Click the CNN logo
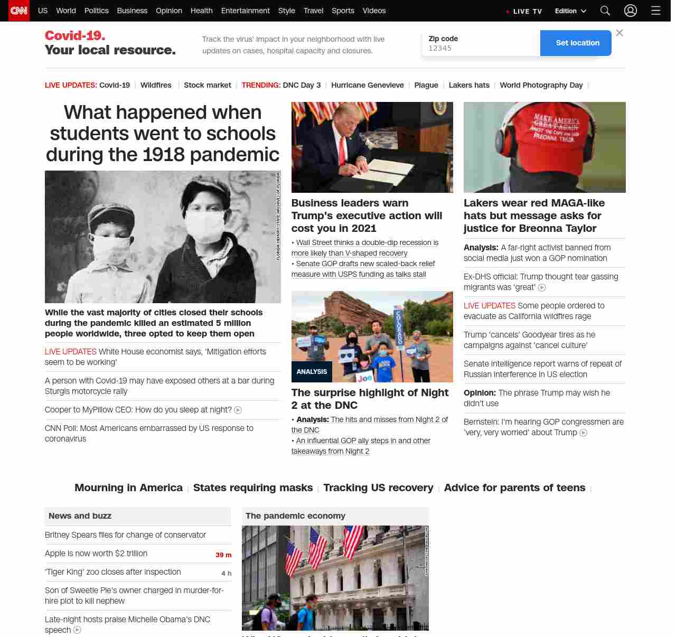[x=19, y=11]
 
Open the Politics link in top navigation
[x=96, y=11]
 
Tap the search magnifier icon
[x=605, y=11]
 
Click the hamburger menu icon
[x=655, y=11]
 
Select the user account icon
[x=630, y=11]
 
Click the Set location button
[x=577, y=43]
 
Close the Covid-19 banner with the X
[x=619, y=33]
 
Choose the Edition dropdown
[x=570, y=11]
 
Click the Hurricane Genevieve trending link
[x=367, y=85]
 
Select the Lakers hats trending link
[x=469, y=85]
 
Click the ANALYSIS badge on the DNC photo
[x=312, y=372]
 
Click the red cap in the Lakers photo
[x=555, y=127]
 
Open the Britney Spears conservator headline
[x=125, y=535]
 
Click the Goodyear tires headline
[x=529, y=340]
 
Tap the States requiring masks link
[x=253, y=488]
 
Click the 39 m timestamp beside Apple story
[x=223, y=555]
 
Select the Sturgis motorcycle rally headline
[x=159, y=386]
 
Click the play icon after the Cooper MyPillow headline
[x=238, y=410]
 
